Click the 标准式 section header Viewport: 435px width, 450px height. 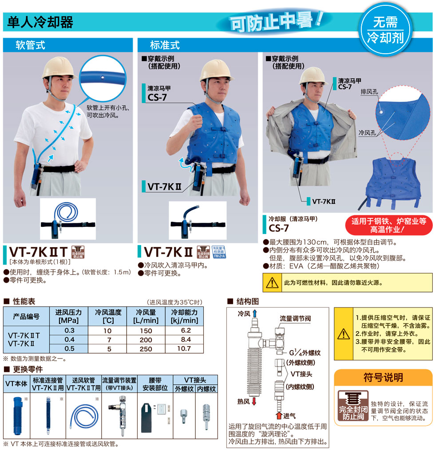(x=165, y=45)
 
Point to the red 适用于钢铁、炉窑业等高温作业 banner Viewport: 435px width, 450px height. (x=388, y=225)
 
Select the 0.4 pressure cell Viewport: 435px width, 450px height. (x=69, y=339)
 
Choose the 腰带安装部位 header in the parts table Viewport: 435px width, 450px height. (x=156, y=384)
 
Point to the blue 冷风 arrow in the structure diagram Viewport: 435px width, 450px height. (x=254, y=314)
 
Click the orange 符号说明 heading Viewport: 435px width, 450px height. (x=384, y=378)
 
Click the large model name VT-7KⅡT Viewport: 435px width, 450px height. (x=38, y=252)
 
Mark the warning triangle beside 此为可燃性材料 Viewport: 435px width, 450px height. (x=271, y=282)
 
